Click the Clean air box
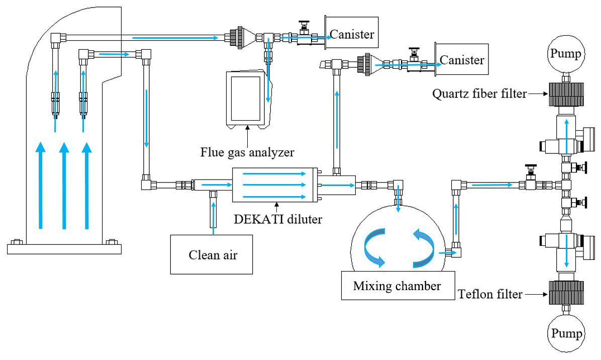(x=212, y=254)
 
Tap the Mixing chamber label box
(x=398, y=286)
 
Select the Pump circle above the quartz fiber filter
(x=566, y=54)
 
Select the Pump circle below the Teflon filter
(x=566, y=333)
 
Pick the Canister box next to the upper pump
(x=461, y=59)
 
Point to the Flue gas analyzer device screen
(x=245, y=98)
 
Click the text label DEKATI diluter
(x=278, y=219)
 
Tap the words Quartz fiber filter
(x=479, y=94)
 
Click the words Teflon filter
(x=490, y=294)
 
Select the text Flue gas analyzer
(x=247, y=152)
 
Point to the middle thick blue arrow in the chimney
(x=64, y=186)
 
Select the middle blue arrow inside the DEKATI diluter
(x=274, y=185)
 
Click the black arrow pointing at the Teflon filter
(x=536, y=295)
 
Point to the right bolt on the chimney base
(x=112, y=242)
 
